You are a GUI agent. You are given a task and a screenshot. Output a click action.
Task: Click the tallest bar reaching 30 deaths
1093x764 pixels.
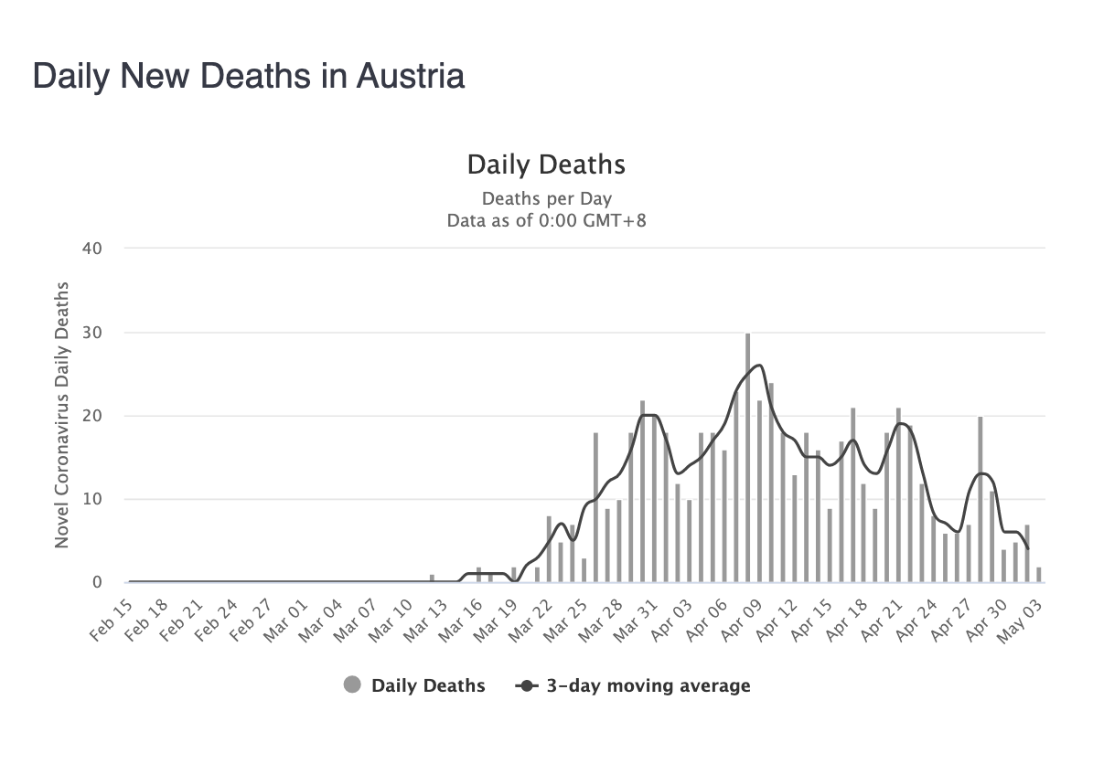tap(747, 457)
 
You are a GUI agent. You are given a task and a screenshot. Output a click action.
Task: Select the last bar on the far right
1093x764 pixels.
tap(1038, 575)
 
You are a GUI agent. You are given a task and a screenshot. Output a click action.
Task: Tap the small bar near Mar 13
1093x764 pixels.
tap(432, 578)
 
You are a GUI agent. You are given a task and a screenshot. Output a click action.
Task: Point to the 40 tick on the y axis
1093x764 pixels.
tap(91, 249)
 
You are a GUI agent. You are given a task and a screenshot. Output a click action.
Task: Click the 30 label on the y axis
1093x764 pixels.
tap(91, 333)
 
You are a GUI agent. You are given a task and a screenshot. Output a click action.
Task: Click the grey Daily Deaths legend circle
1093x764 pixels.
tap(353, 685)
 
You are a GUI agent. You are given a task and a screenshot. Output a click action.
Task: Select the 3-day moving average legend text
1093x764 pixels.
tap(648, 685)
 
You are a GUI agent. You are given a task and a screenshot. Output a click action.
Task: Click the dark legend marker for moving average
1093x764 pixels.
tap(527, 685)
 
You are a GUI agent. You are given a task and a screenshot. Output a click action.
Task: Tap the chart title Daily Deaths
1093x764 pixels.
tap(546, 164)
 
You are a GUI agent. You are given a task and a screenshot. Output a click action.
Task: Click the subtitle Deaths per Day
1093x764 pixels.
tap(546, 198)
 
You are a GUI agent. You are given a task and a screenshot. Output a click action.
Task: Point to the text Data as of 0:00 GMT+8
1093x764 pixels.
tap(546, 220)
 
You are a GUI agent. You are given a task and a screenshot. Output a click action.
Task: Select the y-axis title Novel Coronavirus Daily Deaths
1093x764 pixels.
tap(62, 416)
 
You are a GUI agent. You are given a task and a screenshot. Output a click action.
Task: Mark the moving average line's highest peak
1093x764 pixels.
tap(759, 366)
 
